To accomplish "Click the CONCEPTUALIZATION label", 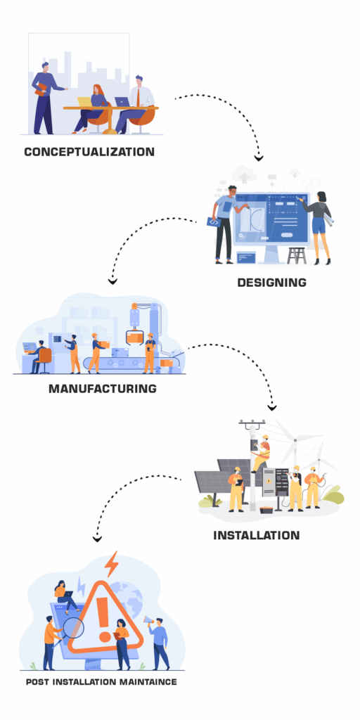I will pyautogui.click(x=89, y=151).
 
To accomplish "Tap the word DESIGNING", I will pyautogui.click(x=271, y=283).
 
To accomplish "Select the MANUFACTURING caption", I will pyautogui.click(x=103, y=388).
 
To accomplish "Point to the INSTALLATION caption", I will pyautogui.click(x=257, y=535).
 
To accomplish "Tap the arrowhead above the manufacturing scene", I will pyautogui.click(x=112, y=281).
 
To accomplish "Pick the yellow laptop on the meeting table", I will pyautogui.click(x=85, y=103).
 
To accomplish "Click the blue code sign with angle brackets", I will pyautogui.click(x=212, y=221).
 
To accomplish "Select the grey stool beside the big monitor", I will pyautogui.click(x=297, y=255).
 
